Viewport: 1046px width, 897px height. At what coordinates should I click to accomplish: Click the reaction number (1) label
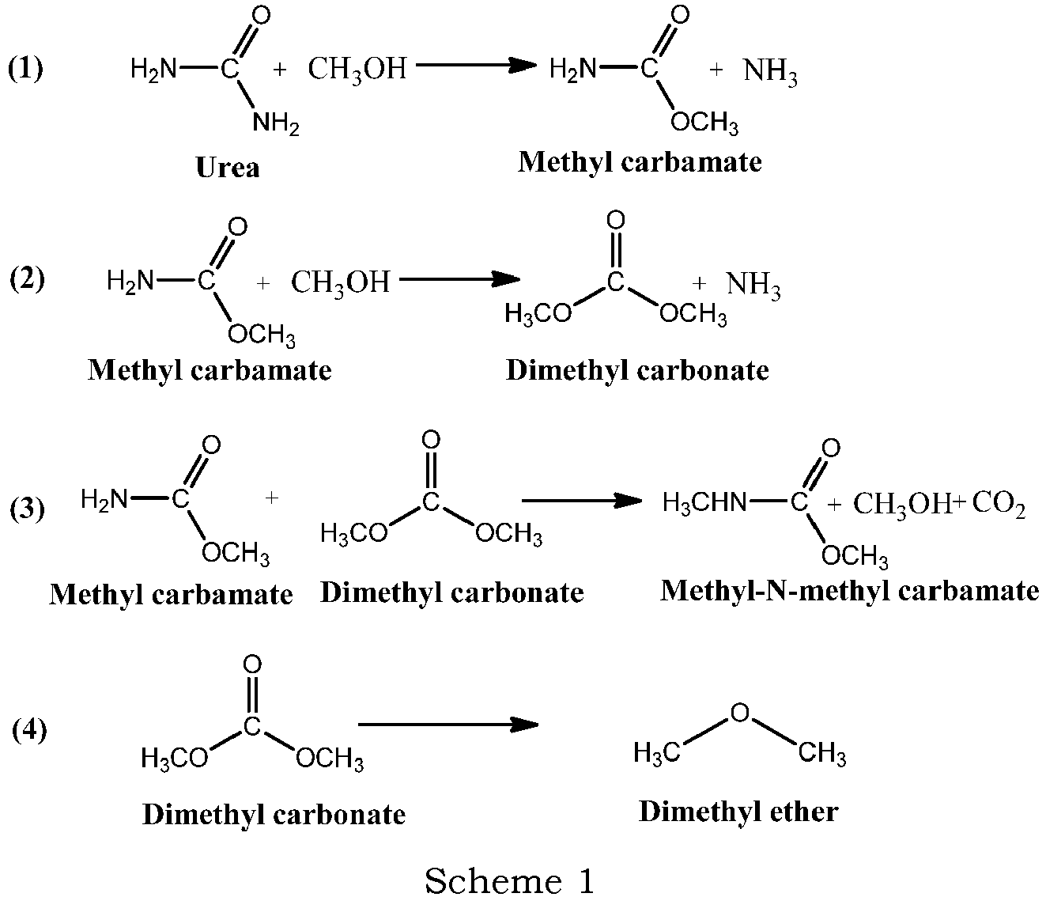coord(25,69)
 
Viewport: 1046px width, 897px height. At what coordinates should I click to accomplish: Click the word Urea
coord(228,168)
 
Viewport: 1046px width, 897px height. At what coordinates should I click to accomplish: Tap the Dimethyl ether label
coord(738,812)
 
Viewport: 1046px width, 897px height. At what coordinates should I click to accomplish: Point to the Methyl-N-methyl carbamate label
coord(849,591)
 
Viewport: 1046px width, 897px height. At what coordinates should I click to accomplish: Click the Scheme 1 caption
coord(509,880)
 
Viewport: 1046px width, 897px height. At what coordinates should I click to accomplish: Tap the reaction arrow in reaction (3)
coord(581,500)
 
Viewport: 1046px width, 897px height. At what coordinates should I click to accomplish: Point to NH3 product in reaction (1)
coord(770,74)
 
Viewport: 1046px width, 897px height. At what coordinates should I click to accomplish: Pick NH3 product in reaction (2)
coord(753,285)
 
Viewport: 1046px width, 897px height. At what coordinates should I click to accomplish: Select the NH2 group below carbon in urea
coord(276,124)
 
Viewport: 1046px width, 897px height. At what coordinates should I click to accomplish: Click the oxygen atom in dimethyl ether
coord(739,713)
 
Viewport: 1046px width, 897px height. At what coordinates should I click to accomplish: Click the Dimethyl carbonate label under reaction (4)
coord(274,815)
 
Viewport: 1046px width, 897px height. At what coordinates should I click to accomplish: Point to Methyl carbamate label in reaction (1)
coord(640,162)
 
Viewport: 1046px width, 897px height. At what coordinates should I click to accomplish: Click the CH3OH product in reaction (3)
coord(901,504)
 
